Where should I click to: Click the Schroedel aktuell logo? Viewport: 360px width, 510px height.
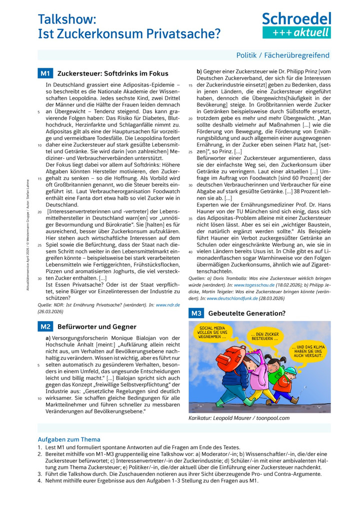coord(296,25)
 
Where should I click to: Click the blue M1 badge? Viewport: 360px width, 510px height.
coord(45,74)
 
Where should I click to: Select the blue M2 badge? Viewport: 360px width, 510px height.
coord(45,327)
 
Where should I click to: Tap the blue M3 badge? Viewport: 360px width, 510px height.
coord(195,313)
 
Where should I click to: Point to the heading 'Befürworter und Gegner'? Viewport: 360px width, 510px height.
coord(97,327)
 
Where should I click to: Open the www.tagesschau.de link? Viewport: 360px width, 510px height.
coord(257,284)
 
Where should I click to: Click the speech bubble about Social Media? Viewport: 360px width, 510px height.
coord(212,333)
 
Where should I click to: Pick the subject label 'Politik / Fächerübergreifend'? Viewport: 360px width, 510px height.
coord(283,56)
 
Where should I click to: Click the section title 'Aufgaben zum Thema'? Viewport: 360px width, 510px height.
coord(69,440)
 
